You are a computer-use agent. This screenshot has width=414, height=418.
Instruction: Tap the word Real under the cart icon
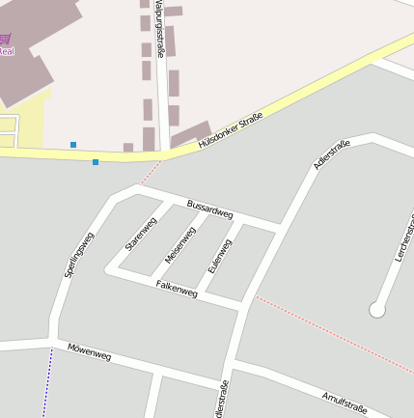tap(6, 51)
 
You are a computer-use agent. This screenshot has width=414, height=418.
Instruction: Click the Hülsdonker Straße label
tap(231, 128)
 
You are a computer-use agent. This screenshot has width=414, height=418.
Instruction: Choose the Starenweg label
tap(141, 235)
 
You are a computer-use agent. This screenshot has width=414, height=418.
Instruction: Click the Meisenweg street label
tap(180, 244)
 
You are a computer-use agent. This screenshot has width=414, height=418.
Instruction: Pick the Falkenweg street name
tap(177, 288)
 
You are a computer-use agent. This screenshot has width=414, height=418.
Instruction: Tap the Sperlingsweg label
tap(80, 256)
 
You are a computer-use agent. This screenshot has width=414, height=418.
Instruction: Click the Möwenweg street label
tap(89, 352)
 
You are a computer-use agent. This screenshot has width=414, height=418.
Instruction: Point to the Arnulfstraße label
tap(345, 399)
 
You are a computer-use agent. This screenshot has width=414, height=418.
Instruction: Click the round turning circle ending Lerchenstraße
tap(376, 310)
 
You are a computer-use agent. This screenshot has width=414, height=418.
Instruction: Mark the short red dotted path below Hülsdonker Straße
tap(149, 172)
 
